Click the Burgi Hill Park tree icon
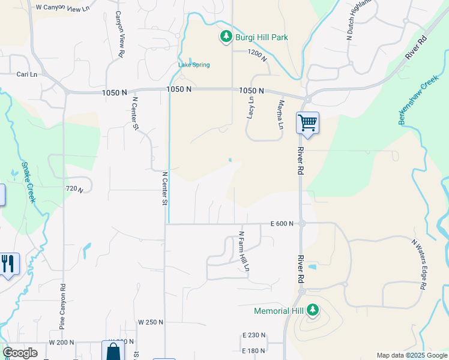click(226, 37)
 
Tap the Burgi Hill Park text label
click(261, 37)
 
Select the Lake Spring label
click(194, 65)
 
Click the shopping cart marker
click(307, 123)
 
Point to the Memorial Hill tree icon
click(312, 310)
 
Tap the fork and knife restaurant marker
click(8, 264)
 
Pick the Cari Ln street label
click(26, 74)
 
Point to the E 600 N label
click(282, 223)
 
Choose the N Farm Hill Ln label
click(243, 251)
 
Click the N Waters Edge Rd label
click(418, 265)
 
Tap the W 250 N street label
click(150, 322)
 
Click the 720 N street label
click(73, 189)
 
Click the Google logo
click(20, 352)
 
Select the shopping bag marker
click(113, 352)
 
